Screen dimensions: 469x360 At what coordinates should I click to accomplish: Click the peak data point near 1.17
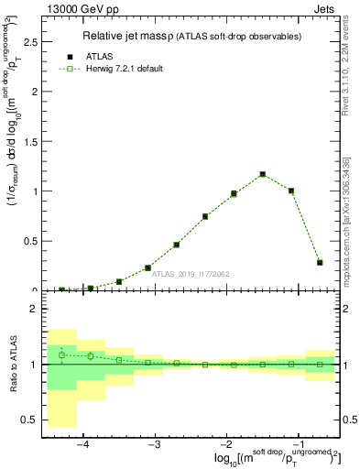262,174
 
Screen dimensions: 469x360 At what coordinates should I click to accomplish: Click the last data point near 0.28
320,262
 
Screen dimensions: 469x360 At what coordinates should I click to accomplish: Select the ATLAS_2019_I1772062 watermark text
191,273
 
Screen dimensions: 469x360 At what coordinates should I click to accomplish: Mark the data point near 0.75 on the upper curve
205,216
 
